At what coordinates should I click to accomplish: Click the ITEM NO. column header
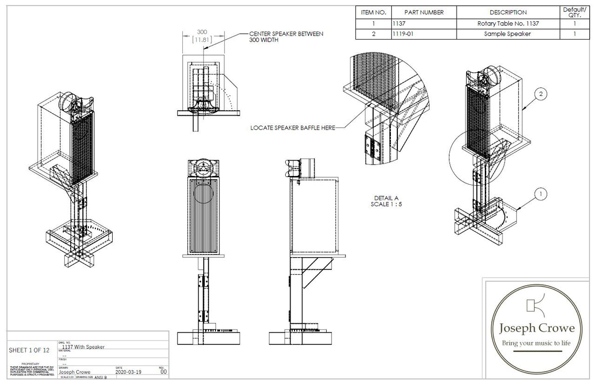tap(374, 12)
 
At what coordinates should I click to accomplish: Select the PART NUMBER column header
tap(424, 12)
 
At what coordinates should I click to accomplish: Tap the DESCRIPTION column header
tap(508, 12)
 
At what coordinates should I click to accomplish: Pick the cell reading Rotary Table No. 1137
tap(508, 23)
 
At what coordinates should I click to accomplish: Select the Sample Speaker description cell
tap(508, 34)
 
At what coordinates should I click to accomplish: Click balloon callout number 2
tap(541, 94)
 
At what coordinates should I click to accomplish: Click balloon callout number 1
tap(541, 195)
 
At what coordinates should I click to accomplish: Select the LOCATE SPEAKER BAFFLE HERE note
tap(293, 128)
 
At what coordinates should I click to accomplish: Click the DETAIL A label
tap(386, 198)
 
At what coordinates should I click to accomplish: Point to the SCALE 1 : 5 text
tap(386, 204)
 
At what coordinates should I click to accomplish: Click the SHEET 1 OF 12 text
tap(29, 350)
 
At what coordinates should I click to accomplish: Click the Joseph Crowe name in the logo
tap(536, 328)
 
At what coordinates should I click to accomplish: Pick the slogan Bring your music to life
tap(536, 343)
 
